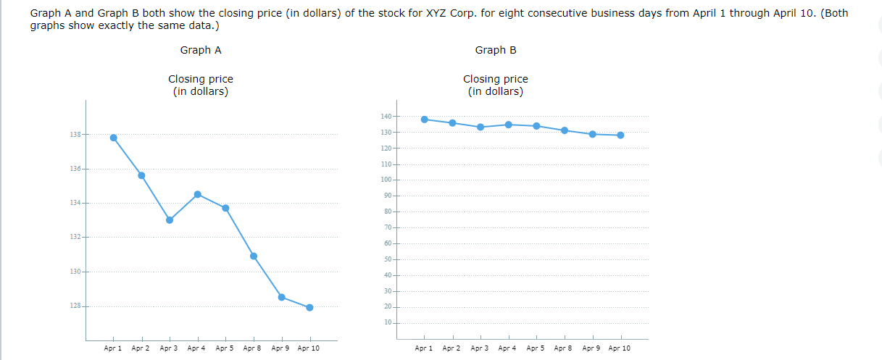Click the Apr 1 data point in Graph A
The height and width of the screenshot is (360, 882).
tap(113, 138)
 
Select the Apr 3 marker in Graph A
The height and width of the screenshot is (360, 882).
tap(170, 220)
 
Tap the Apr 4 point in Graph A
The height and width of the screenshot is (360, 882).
tap(197, 194)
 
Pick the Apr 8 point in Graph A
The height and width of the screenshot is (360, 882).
tap(254, 256)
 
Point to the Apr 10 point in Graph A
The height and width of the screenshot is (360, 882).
tap(309, 307)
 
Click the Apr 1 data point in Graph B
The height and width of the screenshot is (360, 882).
tap(424, 120)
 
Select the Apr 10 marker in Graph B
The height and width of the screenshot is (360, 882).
tap(620, 135)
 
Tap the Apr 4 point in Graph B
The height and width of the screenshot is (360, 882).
tap(508, 125)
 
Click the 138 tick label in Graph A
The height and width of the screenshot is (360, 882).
tap(75, 135)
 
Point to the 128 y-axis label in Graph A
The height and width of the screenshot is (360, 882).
tap(75, 306)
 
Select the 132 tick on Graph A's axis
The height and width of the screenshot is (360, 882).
tap(75, 238)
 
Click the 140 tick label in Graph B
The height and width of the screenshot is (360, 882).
tap(386, 117)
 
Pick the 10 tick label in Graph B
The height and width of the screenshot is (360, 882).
tap(387, 322)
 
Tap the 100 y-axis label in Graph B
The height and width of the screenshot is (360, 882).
tap(386, 180)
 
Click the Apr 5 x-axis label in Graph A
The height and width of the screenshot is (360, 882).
tap(225, 348)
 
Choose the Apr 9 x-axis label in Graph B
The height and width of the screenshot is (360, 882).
tap(591, 348)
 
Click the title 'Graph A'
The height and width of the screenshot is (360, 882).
tap(201, 50)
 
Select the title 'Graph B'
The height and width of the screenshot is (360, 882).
tap(496, 50)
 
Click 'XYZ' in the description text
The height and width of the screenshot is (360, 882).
tap(429, 13)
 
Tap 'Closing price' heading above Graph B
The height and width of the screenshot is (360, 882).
tap(496, 79)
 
